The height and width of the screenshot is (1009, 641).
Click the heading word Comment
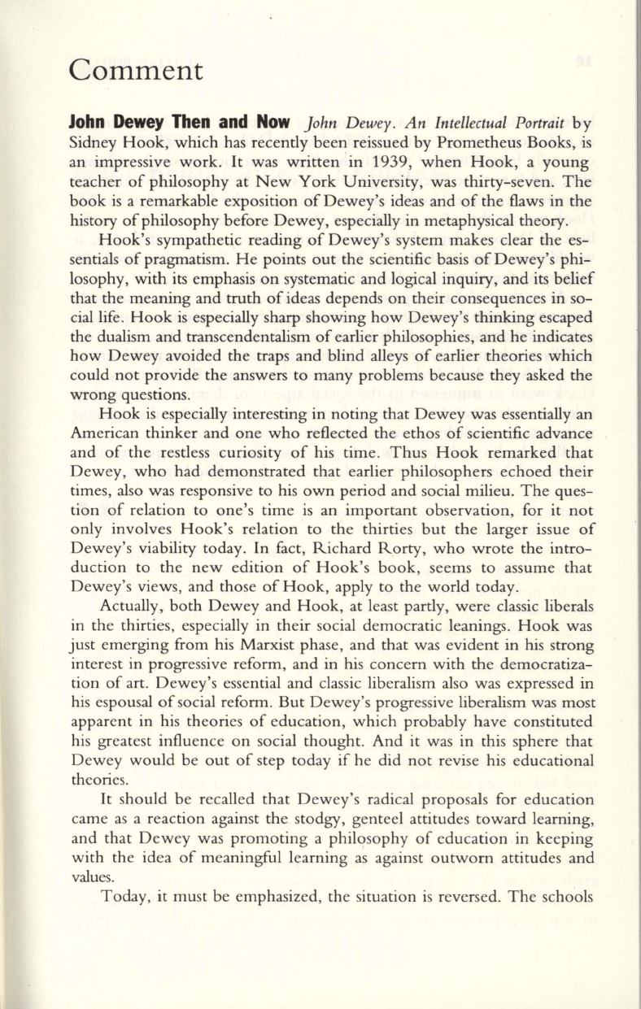[x=136, y=70]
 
